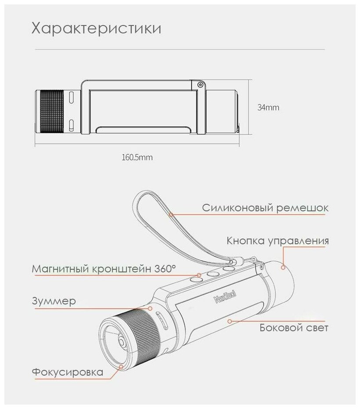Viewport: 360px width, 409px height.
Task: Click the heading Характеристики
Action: (x=96, y=29)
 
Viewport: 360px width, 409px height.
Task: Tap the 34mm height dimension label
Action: (x=268, y=107)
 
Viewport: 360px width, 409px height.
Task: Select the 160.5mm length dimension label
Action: (x=137, y=157)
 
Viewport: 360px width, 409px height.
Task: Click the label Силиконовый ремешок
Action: (x=265, y=208)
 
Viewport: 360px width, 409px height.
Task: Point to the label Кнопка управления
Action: (x=277, y=241)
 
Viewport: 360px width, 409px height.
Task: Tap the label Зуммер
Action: (x=54, y=301)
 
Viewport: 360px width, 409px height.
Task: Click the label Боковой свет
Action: (x=294, y=327)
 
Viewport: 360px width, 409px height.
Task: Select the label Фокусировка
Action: (x=68, y=372)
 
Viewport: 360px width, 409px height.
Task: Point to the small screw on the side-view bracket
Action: (x=200, y=84)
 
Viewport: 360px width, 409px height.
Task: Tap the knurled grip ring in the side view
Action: (x=52, y=111)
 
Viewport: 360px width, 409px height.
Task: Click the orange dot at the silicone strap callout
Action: (x=172, y=214)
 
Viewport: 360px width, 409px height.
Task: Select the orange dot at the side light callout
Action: (x=230, y=321)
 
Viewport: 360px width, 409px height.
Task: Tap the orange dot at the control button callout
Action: (x=283, y=267)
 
